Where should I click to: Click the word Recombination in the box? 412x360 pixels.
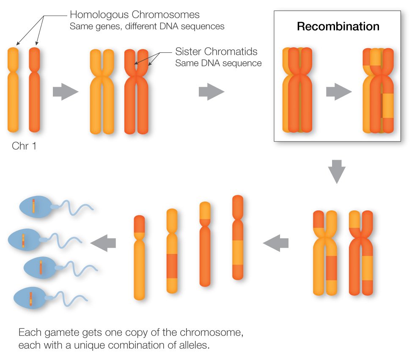point(338,27)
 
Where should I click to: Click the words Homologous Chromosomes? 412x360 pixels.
point(135,15)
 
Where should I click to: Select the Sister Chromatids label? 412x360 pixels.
point(216,52)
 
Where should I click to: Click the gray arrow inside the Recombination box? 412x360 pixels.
point(339,91)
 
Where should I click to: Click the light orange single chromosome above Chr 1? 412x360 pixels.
point(13,90)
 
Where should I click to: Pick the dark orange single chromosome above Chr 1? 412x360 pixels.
point(34,90)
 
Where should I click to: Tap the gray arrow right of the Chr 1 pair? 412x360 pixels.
point(65,92)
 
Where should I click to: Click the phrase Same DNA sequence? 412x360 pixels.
point(218,63)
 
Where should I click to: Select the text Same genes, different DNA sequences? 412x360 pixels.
point(146,26)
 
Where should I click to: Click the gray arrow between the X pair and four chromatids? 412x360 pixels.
point(276,243)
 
